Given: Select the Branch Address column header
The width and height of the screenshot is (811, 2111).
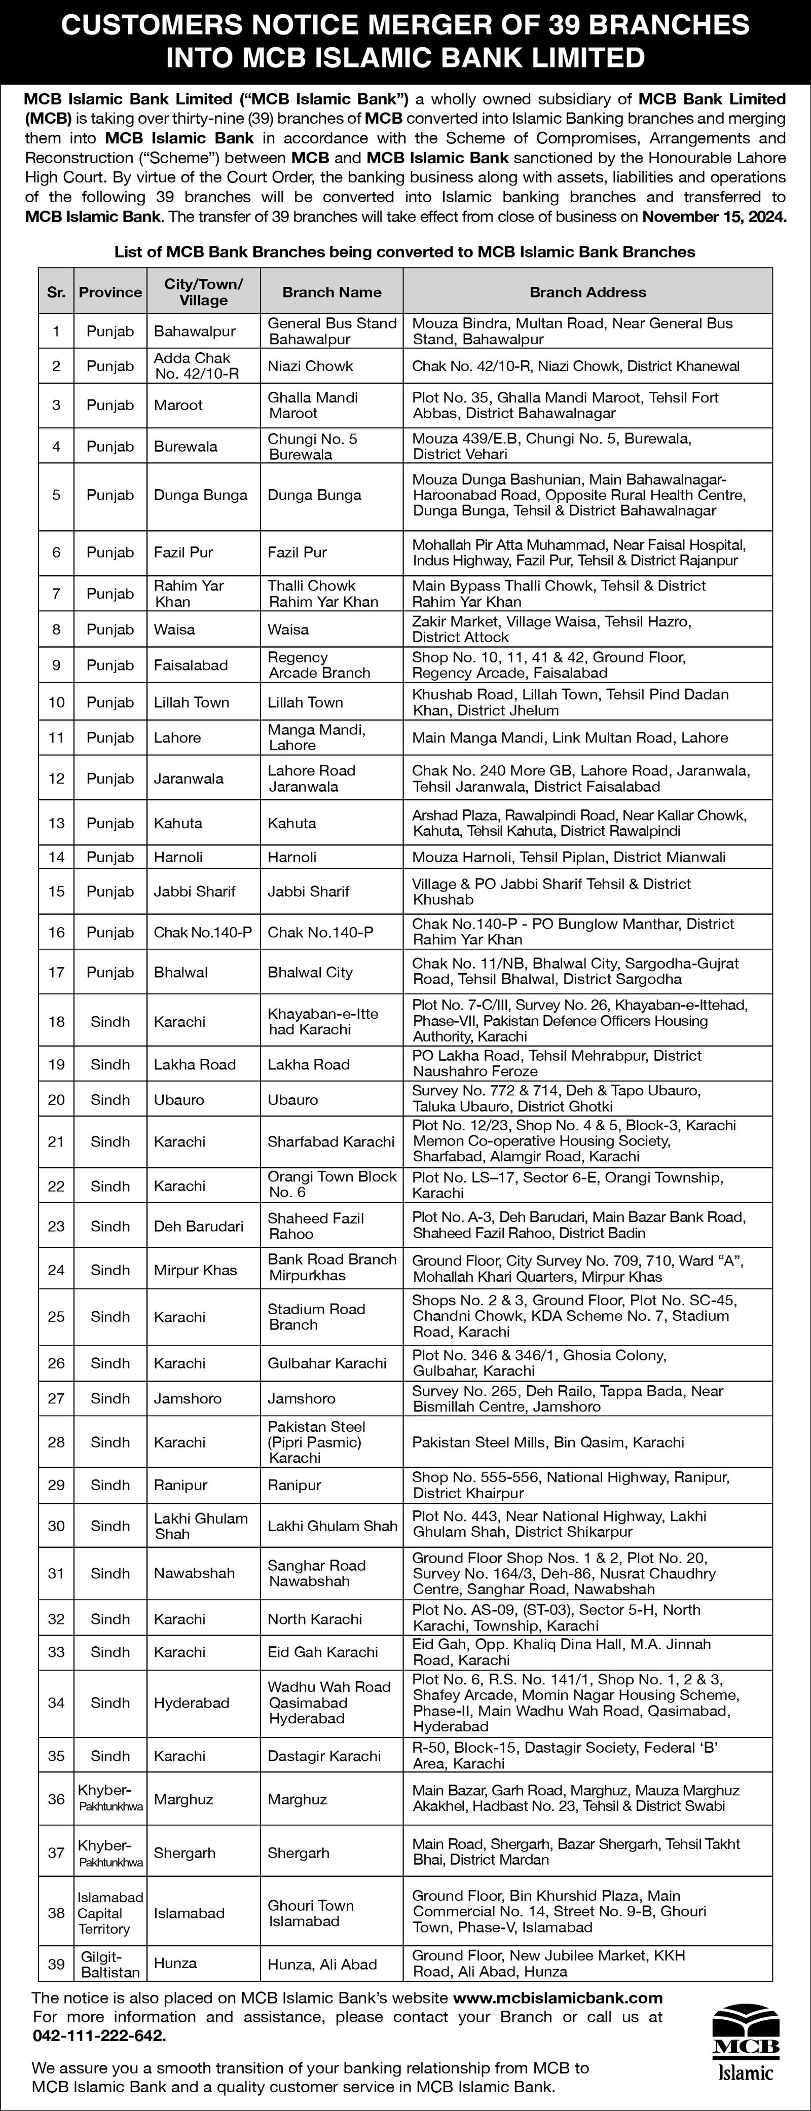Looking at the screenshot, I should [587, 292].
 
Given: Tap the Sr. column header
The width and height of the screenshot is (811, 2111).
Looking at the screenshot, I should [56, 292].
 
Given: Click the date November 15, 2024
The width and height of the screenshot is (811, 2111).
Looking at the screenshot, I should [714, 217].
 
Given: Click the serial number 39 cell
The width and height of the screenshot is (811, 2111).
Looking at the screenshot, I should [56, 1964].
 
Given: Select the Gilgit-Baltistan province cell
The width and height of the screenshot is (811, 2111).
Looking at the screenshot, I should [110, 1964].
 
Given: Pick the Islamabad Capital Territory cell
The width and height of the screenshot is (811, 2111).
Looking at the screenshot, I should [110, 1913].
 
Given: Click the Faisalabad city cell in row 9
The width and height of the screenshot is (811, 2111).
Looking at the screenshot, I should [191, 664].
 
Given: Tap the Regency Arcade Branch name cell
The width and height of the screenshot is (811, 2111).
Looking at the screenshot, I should [319, 664].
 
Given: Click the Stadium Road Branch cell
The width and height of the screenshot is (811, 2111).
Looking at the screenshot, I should [316, 1316].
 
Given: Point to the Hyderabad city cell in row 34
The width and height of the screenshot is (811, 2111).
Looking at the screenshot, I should [192, 1702].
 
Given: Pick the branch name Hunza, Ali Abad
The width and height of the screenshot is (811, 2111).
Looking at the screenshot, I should [322, 1964].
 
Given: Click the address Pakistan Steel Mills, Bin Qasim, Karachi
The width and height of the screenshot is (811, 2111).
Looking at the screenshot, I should [548, 1441].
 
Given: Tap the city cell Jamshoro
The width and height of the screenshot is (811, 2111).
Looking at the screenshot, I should [188, 1398].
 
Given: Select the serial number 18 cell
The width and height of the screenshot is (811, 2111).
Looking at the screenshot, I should [56, 1021].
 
